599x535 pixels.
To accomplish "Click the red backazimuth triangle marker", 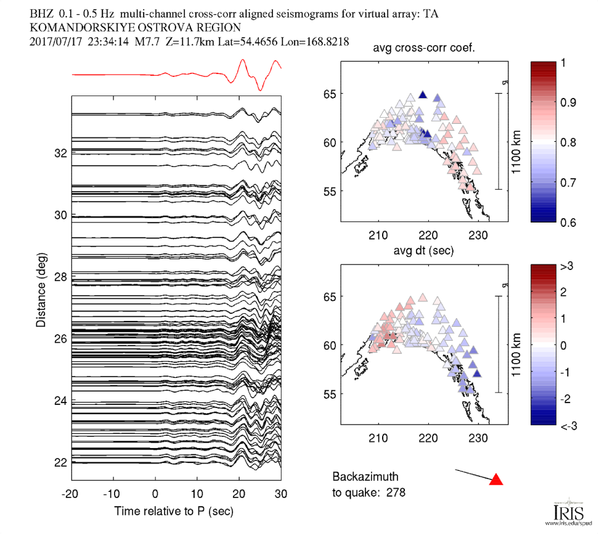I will [x=495, y=480].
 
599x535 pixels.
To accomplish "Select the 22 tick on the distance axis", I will [x=59, y=462].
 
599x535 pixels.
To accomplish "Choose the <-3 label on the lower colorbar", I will [x=566, y=425].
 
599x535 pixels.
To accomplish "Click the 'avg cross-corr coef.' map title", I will [x=423, y=49].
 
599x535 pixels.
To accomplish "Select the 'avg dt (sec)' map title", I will [x=423, y=251].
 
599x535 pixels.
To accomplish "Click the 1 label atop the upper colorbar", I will [x=563, y=62].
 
